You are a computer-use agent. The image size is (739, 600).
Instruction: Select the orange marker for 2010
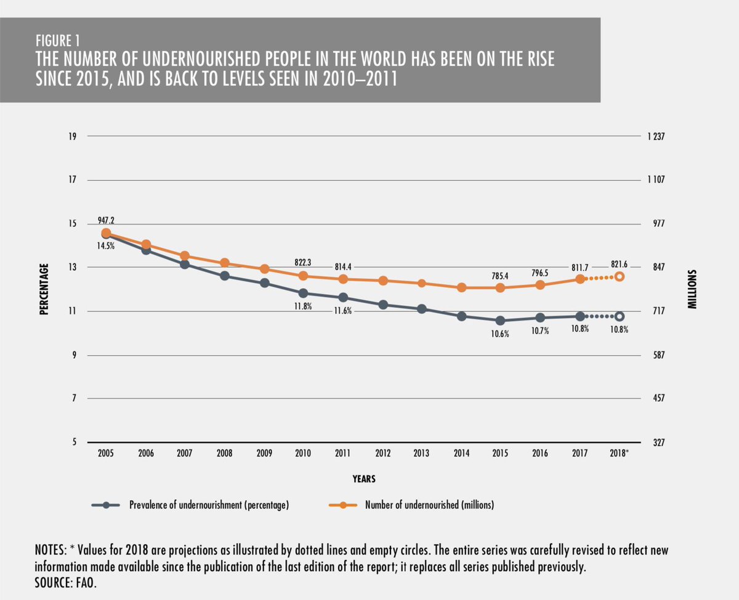click(x=303, y=276)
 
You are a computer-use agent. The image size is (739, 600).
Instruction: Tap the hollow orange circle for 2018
click(x=620, y=276)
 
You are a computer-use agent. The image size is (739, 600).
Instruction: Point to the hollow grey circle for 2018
click(x=620, y=316)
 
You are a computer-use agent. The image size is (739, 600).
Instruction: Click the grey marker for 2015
click(x=501, y=321)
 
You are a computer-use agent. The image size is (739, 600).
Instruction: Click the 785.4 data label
click(x=501, y=276)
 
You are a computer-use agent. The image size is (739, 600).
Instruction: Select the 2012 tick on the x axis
click(x=382, y=453)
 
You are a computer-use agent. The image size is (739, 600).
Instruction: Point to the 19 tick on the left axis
click(x=73, y=136)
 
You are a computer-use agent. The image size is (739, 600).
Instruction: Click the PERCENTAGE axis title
click(x=44, y=289)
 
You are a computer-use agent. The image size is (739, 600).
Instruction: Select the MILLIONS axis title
click(x=692, y=289)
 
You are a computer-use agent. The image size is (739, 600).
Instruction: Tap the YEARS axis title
click(x=364, y=478)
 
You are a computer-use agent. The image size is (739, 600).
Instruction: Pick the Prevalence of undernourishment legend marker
click(x=107, y=505)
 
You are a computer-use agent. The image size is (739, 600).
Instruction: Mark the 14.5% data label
click(x=105, y=245)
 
